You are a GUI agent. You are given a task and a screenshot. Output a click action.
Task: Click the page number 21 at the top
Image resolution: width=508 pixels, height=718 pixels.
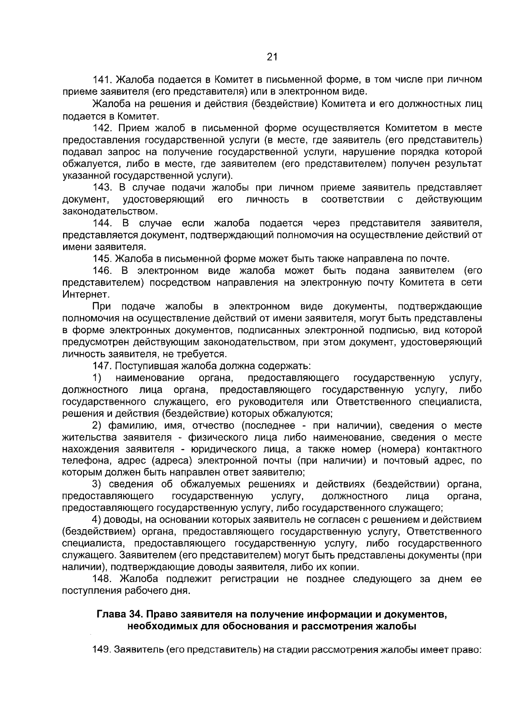pyautogui.click(x=272, y=57)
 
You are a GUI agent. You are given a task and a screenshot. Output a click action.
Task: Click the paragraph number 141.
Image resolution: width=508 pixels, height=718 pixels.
pyautogui.click(x=102, y=80)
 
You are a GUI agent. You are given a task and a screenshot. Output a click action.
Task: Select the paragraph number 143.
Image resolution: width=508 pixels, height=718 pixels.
pyautogui.click(x=102, y=188)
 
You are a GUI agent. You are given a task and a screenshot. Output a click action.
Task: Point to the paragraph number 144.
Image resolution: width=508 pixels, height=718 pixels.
pyautogui.click(x=102, y=223)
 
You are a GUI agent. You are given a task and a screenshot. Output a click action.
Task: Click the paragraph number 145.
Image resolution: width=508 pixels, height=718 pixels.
pyautogui.click(x=102, y=259)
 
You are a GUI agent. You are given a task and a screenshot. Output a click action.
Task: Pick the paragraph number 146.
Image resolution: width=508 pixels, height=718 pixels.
pyautogui.click(x=102, y=271)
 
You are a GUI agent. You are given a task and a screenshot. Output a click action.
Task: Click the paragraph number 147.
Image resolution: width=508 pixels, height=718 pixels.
pyautogui.click(x=102, y=366)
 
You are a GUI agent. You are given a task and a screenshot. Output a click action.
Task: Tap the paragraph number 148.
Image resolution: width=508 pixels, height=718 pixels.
pyautogui.click(x=102, y=579)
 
